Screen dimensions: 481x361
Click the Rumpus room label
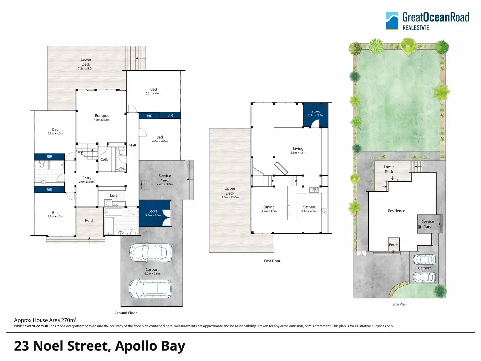click(x=102, y=116)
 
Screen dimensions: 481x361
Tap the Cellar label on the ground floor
click(x=105, y=159)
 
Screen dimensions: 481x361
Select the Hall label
click(x=132, y=145)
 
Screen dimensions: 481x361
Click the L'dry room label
click(x=114, y=195)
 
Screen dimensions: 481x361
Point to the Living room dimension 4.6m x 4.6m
click(x=298, y=153)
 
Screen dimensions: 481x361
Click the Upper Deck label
click(x=230, y=191)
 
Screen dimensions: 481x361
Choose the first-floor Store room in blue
click(x=316, y=115)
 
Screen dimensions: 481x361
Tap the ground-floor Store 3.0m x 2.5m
click(x=155, y=213)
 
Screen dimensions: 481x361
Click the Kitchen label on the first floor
click(x=308, y=207)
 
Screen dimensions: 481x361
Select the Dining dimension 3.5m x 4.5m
click(x=269, y=211)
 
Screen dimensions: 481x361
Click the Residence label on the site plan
click(x=396, y=211)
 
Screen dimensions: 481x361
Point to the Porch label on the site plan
click(x=393, y=245)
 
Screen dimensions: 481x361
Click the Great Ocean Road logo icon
click(x=392, y=21)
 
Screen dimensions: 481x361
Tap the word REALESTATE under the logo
click(x=416, y=28)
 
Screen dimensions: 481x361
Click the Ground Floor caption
click(x=125, y=313)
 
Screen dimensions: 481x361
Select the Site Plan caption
click(x=400, y=304)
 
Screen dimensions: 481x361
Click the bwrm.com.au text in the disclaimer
click(x=37, y=326)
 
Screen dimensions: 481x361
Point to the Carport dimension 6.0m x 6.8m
click(x=152, y=274)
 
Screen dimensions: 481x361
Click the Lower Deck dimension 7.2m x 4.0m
click(x=86, y=68)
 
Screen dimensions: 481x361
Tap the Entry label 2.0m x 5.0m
click(x=87, y=180)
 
